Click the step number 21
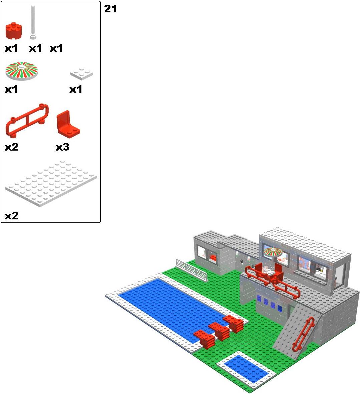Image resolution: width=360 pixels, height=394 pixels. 110,9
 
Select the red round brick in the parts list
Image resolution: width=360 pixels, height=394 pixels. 14,31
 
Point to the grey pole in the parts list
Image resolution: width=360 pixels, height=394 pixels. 33,23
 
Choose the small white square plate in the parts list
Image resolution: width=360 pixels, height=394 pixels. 82,73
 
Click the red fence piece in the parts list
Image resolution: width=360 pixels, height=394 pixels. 27,120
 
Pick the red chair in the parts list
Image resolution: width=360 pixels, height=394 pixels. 68,124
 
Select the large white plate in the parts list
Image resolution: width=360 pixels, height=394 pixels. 51,184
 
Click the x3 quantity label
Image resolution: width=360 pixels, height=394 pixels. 62,147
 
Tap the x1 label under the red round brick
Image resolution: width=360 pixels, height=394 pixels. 11,48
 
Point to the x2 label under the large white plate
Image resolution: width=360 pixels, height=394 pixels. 12,216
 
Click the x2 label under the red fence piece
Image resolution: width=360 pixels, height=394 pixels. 12,147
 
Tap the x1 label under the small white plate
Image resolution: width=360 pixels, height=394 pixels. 76,89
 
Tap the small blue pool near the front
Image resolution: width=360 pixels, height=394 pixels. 246,368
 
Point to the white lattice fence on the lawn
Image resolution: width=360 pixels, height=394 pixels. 192,270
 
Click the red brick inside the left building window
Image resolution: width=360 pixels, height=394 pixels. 213,258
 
